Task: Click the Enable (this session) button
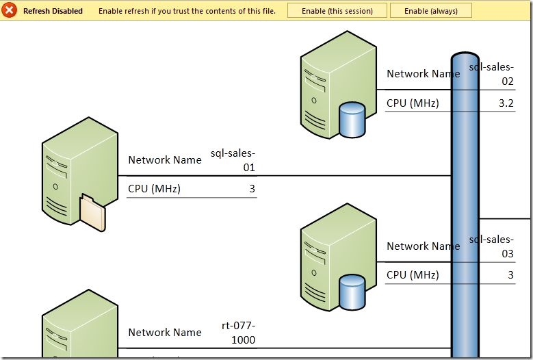click(x=337, y=11)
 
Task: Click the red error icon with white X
click(x=9, y=10)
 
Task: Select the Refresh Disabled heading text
click(x=53, y=11)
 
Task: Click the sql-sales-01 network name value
click(x=233, y=160)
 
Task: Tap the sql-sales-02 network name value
click(x=491, y=74)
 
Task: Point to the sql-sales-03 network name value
click(x=491, y=246)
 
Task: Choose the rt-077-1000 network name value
click(x=238, y=333)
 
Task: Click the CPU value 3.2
click(x=506, y=103)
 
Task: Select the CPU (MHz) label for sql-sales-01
click(x=155, y=189)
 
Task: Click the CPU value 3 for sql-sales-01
click(x=252, y=189)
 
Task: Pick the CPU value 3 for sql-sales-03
click(x=510, y=274)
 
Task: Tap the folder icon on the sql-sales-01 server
click(x=93, y=212)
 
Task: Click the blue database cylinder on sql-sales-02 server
click(x=352, y=120)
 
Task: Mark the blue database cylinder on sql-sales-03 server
click(x=352, y=292)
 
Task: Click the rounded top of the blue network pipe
click(x=465, y=56)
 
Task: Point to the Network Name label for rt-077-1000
click(x=165, y=332)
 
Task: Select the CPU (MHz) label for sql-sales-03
click(x=413, y=274)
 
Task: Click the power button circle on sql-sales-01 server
click(x=55, y=187)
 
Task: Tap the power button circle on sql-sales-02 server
click(x=314, y=101)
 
